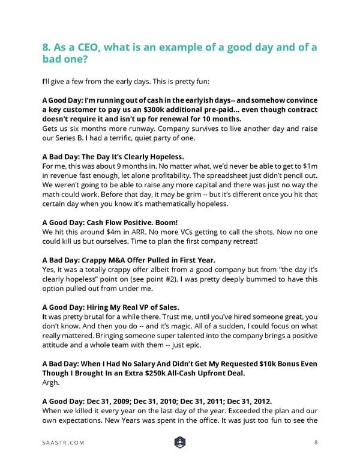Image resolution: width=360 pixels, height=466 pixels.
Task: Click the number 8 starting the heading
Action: [x=47, y=48]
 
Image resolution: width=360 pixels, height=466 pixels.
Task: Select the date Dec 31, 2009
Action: [x=116, y=401]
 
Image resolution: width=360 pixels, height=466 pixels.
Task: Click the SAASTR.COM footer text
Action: [x=64, y=443]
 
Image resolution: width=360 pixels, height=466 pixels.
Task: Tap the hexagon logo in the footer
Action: [x=179, y=443]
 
